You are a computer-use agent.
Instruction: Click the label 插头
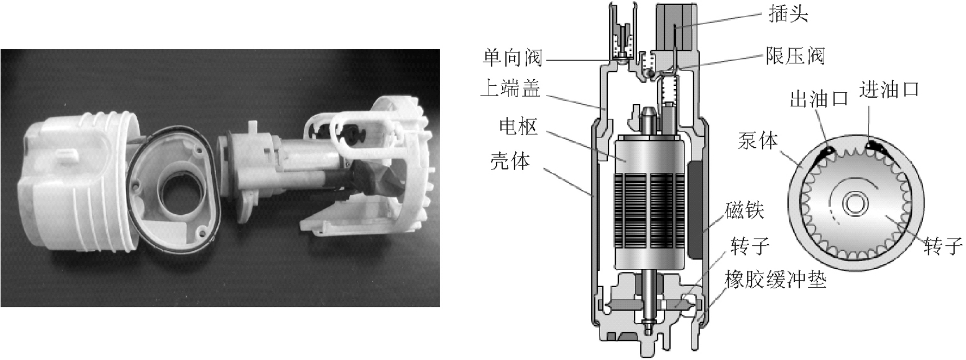click(788, 14)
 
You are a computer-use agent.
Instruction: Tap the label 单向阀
click(512, 58)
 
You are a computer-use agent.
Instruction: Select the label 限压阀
click(795, 56)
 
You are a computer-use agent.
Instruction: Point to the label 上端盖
click(511, 88)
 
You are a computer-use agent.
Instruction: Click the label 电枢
click(519, 126)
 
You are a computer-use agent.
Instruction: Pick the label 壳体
click(510, 161)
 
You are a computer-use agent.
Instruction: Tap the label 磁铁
click(745, 210)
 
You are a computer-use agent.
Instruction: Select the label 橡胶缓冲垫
click(776, 279)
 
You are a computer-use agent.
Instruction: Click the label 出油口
click(819, 99)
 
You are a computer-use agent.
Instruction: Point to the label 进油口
click(889, 89)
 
